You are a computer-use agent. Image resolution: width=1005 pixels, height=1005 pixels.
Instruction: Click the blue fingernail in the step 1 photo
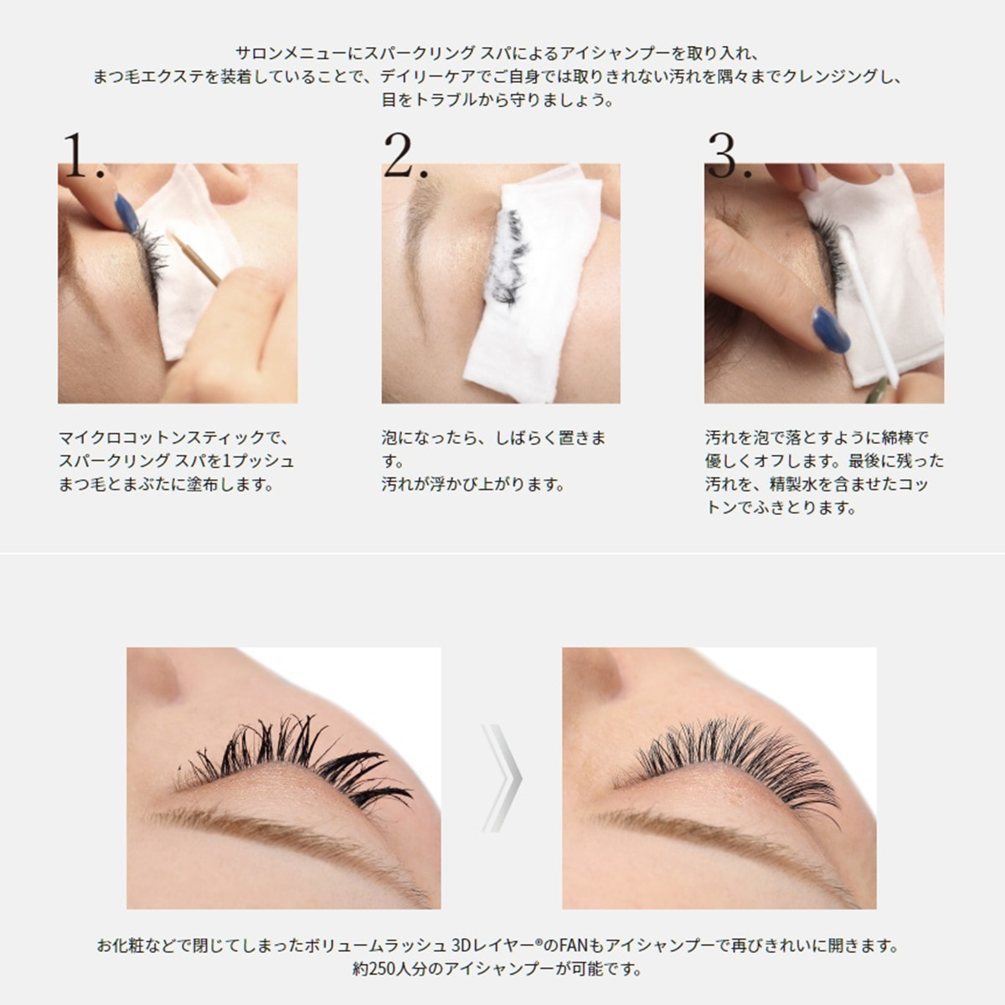pos(126,213)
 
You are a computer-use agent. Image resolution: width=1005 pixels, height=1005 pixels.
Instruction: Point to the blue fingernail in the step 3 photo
pos(832,329)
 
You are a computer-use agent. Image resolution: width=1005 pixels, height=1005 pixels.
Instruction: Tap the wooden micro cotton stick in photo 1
pos(193,257)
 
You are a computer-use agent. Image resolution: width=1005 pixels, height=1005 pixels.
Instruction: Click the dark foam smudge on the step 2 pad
pos(504,258)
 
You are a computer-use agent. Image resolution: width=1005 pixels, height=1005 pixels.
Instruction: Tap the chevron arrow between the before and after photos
pos(502,778)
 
